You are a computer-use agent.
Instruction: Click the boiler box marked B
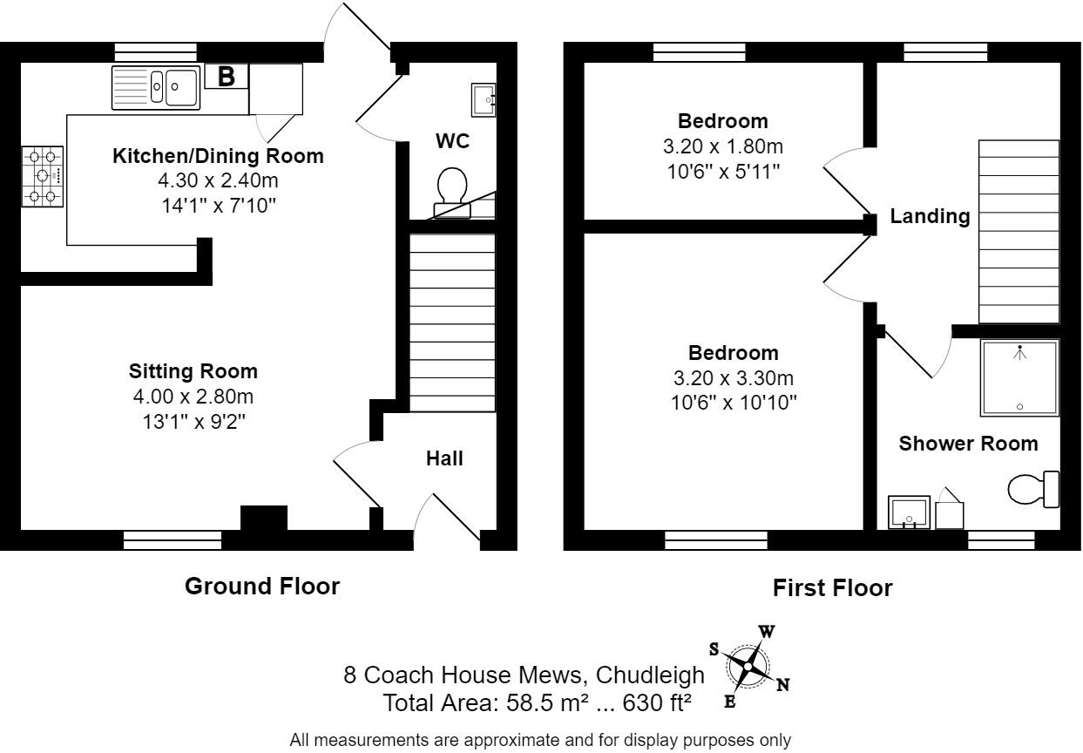227,77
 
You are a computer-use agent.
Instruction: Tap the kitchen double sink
157,87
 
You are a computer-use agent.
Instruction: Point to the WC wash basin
484,99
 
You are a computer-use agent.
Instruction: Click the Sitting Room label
193,371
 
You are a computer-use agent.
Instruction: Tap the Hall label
444,458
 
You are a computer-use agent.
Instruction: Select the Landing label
930,216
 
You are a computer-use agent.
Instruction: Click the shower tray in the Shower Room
1019,377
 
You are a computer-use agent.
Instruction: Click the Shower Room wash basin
909,513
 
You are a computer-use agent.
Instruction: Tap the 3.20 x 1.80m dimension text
722,146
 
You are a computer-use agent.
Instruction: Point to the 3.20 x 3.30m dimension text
733,378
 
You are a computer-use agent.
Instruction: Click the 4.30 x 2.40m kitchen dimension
219,181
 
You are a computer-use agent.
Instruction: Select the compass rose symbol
748,665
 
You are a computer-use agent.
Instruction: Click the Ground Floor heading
262,587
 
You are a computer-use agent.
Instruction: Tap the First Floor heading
832,588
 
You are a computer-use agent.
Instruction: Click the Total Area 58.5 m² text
538,702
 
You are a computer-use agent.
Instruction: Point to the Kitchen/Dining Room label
218,156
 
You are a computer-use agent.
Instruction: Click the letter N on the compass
782,685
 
